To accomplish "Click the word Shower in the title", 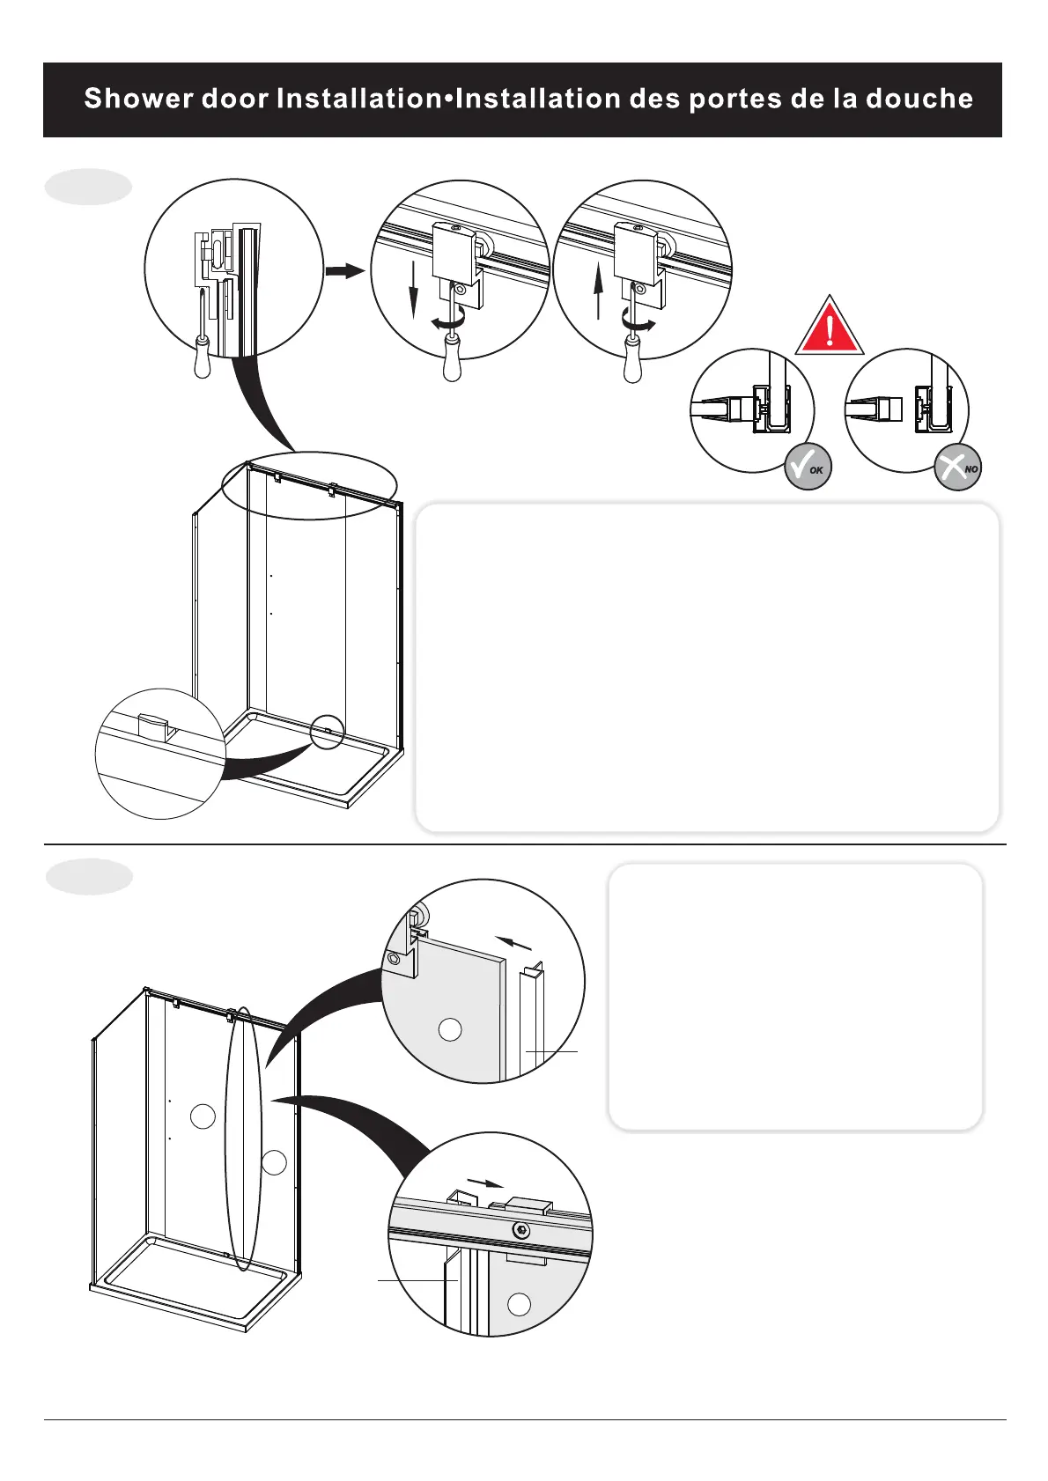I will (139, 99).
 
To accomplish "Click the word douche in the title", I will (919, 99).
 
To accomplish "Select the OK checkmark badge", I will (808, 467).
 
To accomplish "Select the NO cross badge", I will (957, 467).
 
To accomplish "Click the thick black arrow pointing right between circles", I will (344, 270).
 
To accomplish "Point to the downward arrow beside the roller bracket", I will (412, 291).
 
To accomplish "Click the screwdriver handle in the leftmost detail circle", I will (203, 359).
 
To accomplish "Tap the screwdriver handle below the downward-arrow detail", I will (452, 364).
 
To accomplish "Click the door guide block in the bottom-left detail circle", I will (153, 727).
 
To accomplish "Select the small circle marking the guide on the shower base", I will (327, 732).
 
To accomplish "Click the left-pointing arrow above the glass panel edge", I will (514, 943).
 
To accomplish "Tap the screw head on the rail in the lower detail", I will (522, 1229).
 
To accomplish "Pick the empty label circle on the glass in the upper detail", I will (450, 1029).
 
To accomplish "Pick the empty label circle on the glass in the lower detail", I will (520, 1304).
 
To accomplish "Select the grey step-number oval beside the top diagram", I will (88, 187).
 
